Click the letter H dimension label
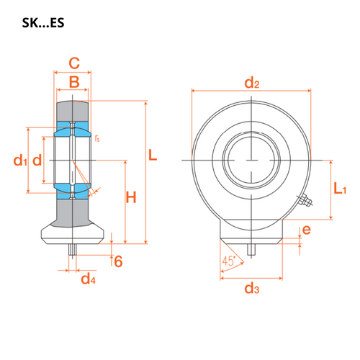pos(130,197)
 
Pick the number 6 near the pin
pos(118,261)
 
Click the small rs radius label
pos(97,136)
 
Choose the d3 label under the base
pos(251,289)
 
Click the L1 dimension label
pos(341,189)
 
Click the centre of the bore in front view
pos(250,158)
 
